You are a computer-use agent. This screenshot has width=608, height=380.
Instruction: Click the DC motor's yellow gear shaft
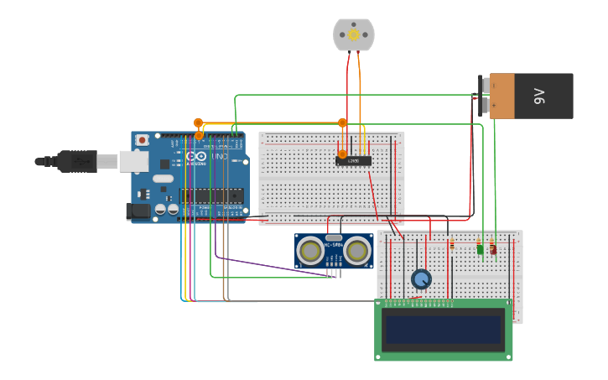[353, 34]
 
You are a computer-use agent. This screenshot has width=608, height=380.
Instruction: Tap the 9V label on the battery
[540, 96]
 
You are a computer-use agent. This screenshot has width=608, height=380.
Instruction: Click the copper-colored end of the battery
[501, 96]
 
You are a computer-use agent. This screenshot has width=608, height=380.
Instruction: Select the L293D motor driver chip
[354, 160]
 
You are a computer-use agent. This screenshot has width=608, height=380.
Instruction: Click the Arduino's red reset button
[143, 140]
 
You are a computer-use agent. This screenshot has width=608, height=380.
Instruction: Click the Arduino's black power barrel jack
[138, 211]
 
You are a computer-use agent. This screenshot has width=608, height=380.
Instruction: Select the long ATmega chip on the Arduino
[211, 195]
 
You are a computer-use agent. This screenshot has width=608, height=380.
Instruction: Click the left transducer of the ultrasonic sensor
[311, 251]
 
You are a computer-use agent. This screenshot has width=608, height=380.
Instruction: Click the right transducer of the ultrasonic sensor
[357, 251]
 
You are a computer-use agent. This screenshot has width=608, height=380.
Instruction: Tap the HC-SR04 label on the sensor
[334, 245]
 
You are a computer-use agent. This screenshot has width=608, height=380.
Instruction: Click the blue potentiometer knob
[421, 278]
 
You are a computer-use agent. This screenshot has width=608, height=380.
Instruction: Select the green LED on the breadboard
[481, 248]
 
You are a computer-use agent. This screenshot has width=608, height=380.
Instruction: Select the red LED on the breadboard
[493, 248]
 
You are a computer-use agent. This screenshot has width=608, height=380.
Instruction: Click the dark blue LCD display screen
[444, 329]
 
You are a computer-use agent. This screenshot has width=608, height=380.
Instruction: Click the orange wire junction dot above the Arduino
[198, 123]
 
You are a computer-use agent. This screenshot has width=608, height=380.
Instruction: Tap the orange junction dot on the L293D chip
[342, 154]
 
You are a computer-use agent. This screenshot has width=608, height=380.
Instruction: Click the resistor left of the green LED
[452, 245]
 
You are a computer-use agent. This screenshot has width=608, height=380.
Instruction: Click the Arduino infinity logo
[196, 157]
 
